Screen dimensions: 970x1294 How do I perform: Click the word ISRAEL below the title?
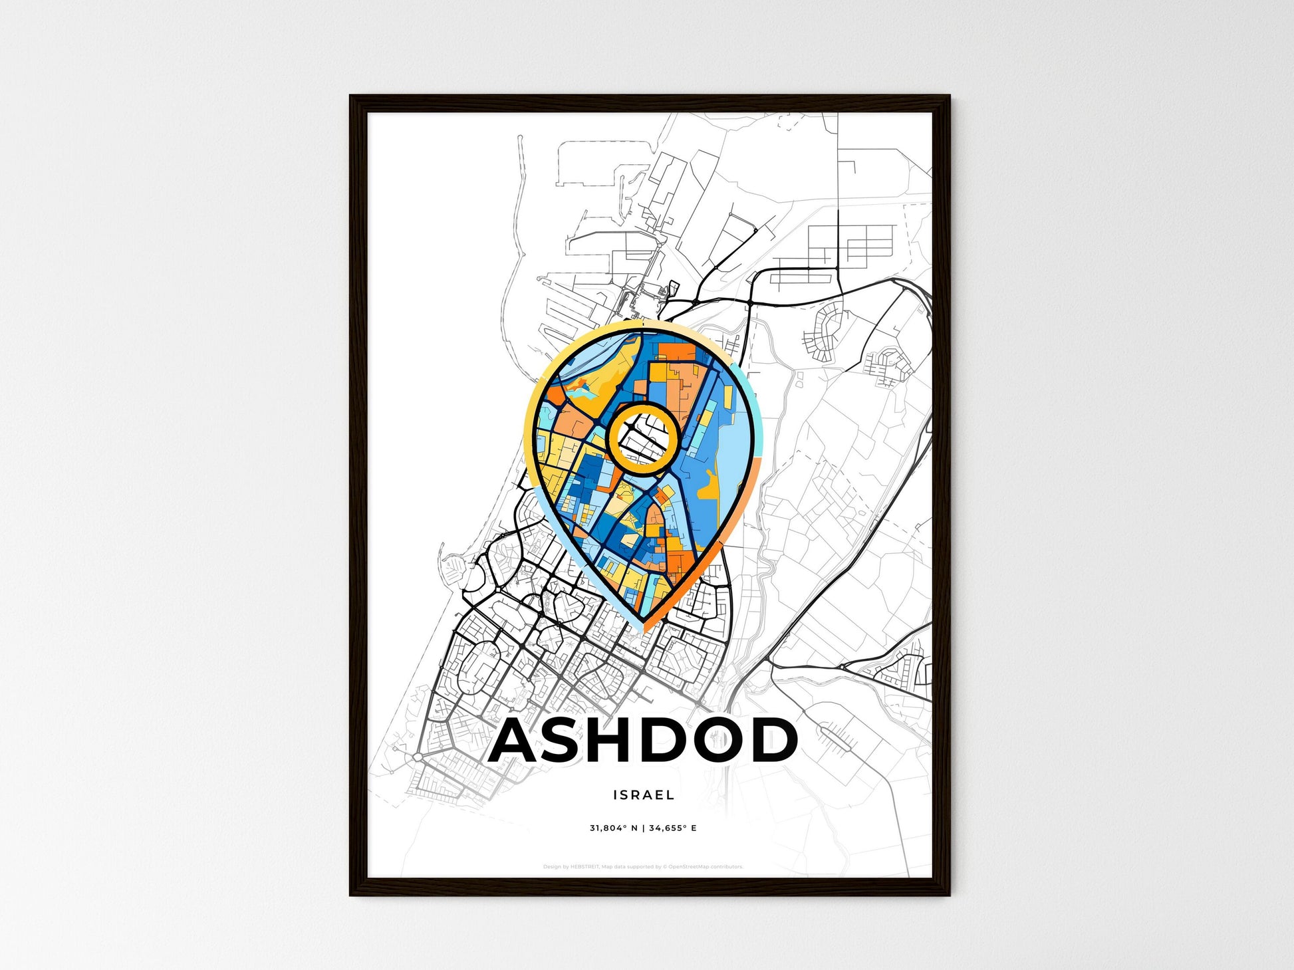point(644,794)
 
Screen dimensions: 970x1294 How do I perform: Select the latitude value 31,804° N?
point(613,828)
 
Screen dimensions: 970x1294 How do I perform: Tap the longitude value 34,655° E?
point(673,828)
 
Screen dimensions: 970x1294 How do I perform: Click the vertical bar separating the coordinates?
point(643,828)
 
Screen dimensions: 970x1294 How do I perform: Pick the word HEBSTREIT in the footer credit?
point(584,867)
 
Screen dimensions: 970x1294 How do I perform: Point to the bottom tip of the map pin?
point(644,628)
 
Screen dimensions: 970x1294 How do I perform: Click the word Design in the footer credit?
point(551,867)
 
